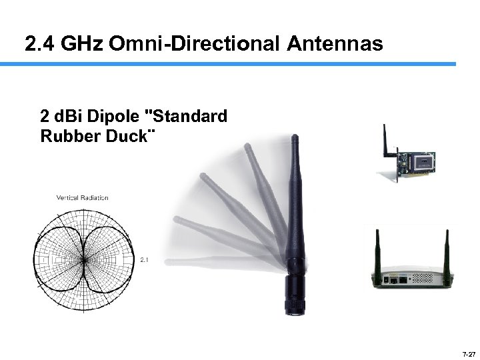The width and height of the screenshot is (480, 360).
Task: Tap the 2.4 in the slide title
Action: (x=39, y=44)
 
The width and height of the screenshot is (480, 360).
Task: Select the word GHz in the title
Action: (x=81, y=44)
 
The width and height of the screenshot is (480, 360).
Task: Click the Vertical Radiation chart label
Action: (x=83, y=197)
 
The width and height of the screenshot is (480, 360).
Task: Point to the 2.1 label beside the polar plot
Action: (x=144, y=259)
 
